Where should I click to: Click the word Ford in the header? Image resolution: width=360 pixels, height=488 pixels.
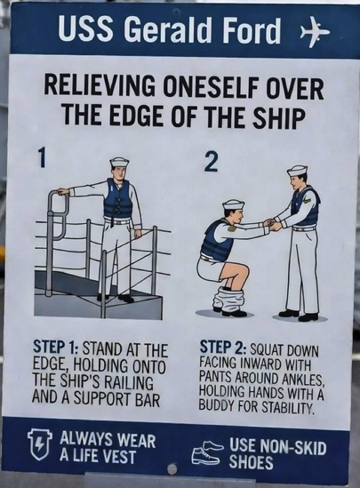pos(252,30)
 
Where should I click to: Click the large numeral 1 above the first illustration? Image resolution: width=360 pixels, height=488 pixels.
pos(42,157)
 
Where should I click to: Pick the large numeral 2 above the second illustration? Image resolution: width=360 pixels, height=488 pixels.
pos(211,161)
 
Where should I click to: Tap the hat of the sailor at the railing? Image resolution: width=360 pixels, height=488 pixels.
pos(119,162)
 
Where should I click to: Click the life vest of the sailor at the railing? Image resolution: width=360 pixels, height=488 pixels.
pos(117,198)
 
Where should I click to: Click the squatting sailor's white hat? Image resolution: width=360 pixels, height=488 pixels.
pos(233,204)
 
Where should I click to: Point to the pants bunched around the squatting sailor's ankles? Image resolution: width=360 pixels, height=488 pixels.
pos(228,300)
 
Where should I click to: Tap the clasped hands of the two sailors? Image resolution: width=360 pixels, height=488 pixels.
pos(271,224)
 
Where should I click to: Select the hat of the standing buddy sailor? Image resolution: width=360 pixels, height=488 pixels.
pos(297,171)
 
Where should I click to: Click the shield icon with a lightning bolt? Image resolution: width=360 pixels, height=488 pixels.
pos(39,444)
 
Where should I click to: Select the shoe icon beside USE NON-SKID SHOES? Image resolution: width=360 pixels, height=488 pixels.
pos(206,452)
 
